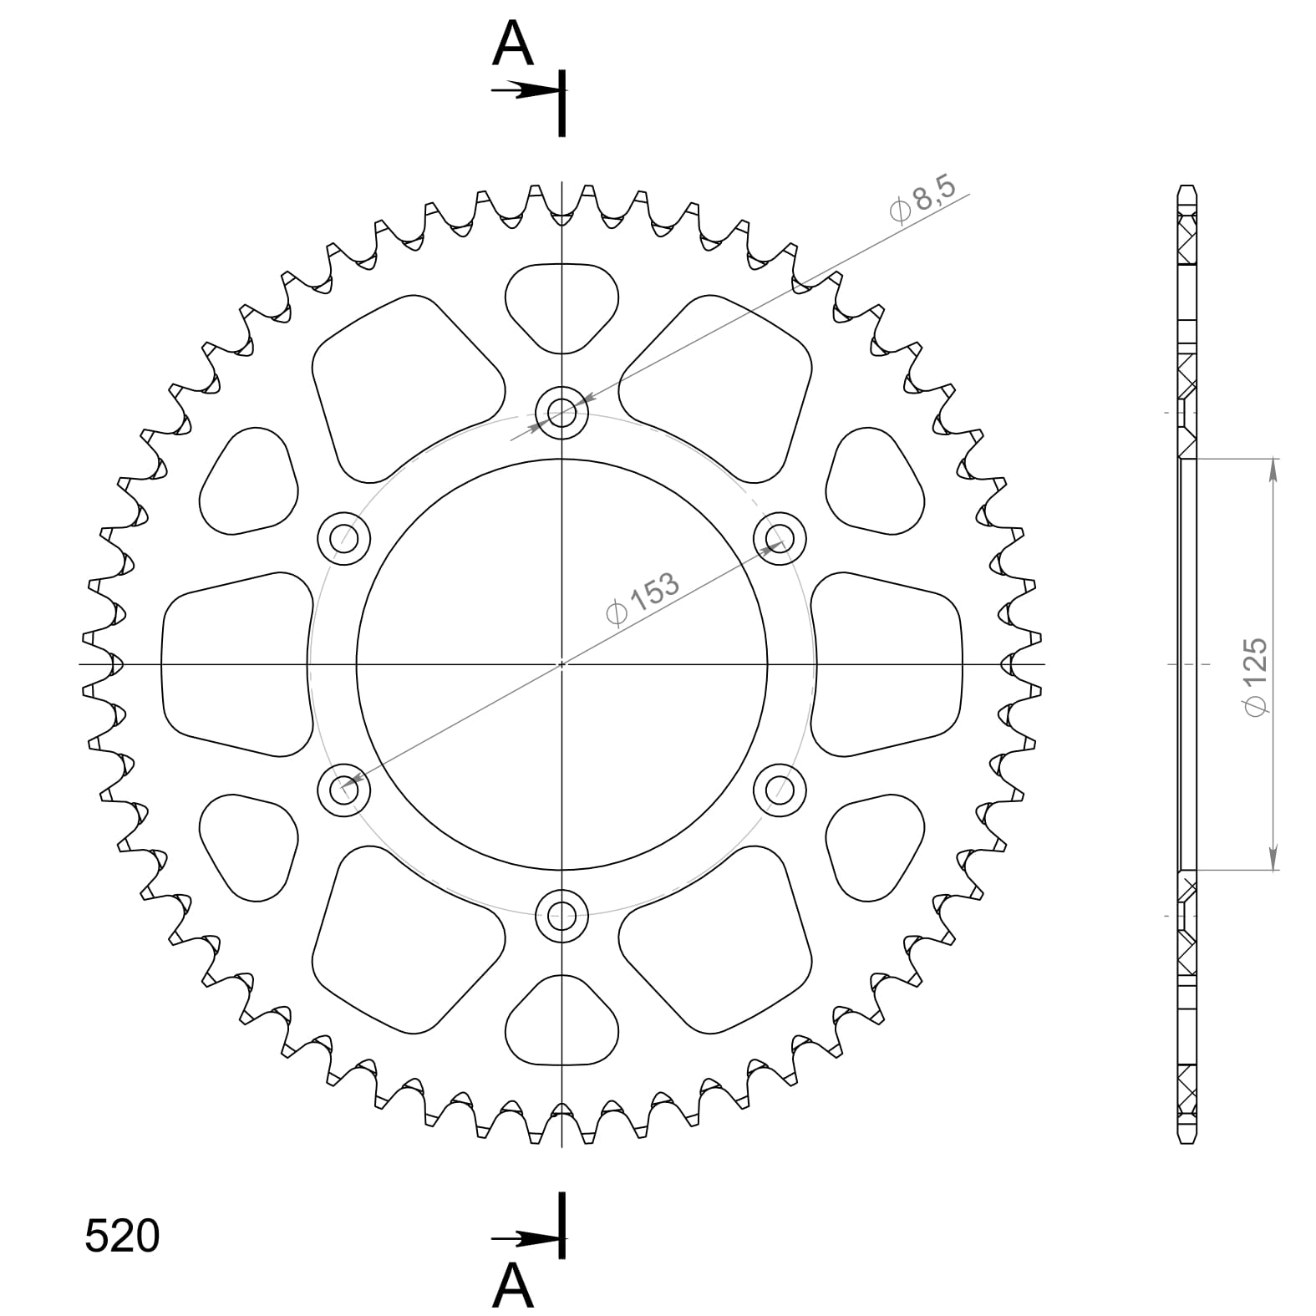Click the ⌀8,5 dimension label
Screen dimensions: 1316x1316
click(922, 201)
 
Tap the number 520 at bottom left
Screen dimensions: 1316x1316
click(122, 1236)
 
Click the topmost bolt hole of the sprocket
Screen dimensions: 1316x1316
click(562, 412)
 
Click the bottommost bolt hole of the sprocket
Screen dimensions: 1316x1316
click(562, 916)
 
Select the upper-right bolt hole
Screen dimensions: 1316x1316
click(780, 537)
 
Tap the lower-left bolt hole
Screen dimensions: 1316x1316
click(344, 790)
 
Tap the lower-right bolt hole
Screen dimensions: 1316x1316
click(780, 790)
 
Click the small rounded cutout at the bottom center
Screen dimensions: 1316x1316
click(562, 1024)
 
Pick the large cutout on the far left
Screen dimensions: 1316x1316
click(234, 664)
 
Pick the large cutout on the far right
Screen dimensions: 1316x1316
click(887, 664)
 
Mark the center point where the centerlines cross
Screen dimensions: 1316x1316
click(562, 664)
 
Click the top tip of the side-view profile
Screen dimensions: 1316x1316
click(1187, 188)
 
